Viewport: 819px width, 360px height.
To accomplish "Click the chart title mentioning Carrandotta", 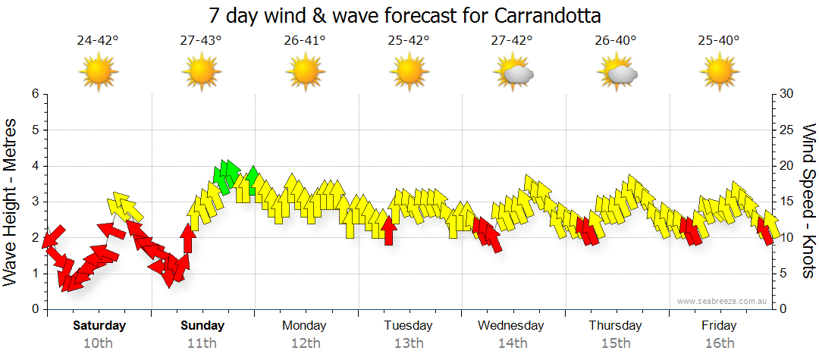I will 409,15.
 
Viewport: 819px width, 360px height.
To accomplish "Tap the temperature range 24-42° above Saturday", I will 98,41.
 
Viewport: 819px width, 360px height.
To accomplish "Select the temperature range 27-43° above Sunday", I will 201,41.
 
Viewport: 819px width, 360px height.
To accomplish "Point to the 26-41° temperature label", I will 304,41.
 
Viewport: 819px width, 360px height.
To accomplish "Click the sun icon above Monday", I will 305,73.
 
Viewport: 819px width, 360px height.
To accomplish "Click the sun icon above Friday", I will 719,73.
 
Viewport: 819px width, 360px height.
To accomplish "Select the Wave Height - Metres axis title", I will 11,202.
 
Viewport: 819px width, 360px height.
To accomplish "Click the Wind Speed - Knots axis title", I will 808,202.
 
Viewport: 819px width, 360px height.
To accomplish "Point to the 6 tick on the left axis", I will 35,94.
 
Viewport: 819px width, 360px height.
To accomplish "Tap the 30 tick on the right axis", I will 786,94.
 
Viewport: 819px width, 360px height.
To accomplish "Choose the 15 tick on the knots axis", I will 786,202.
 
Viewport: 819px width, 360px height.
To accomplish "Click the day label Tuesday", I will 408,326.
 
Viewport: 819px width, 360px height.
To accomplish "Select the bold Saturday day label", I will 99,326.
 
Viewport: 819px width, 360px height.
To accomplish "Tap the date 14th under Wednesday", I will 512,343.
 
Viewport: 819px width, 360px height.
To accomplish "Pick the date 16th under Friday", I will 719,343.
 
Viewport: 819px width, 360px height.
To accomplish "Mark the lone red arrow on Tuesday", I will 388,230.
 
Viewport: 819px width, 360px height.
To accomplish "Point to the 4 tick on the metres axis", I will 35,166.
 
